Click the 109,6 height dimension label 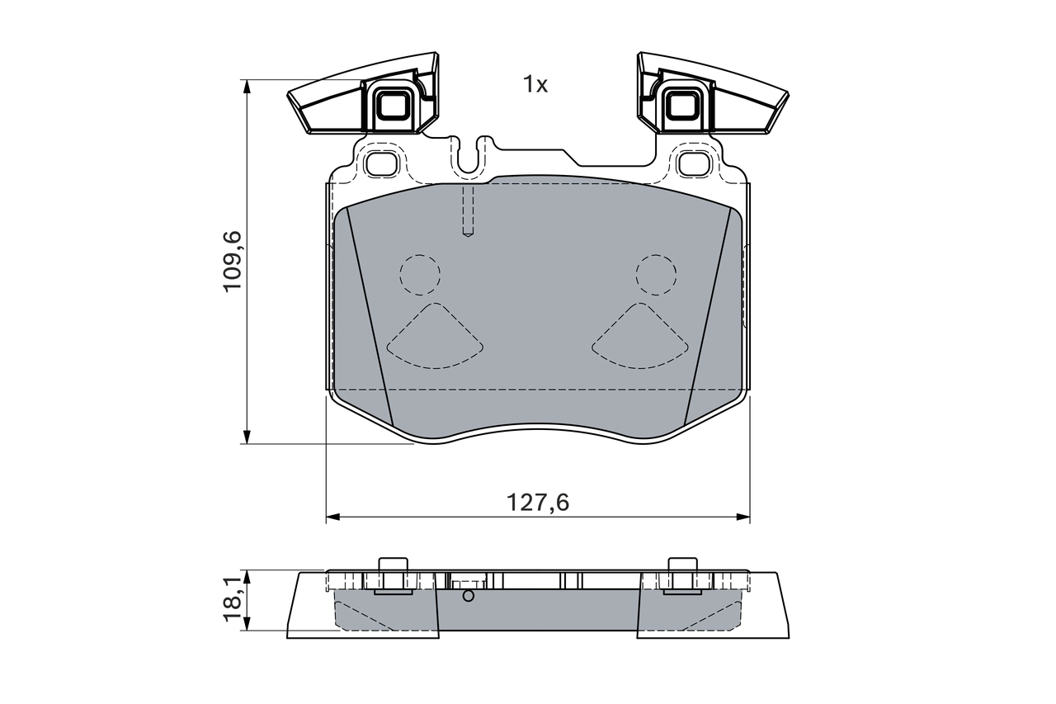233,261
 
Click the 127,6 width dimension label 538,502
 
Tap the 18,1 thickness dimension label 233,600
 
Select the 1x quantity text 535,84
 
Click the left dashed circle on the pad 420,274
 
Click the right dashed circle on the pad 656,274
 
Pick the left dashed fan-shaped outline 434,338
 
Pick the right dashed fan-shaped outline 639,338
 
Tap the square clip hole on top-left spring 391,105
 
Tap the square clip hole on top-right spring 681,105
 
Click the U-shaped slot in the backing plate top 469,157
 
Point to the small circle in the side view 469,596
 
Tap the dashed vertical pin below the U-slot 468,211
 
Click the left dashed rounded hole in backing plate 380,163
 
